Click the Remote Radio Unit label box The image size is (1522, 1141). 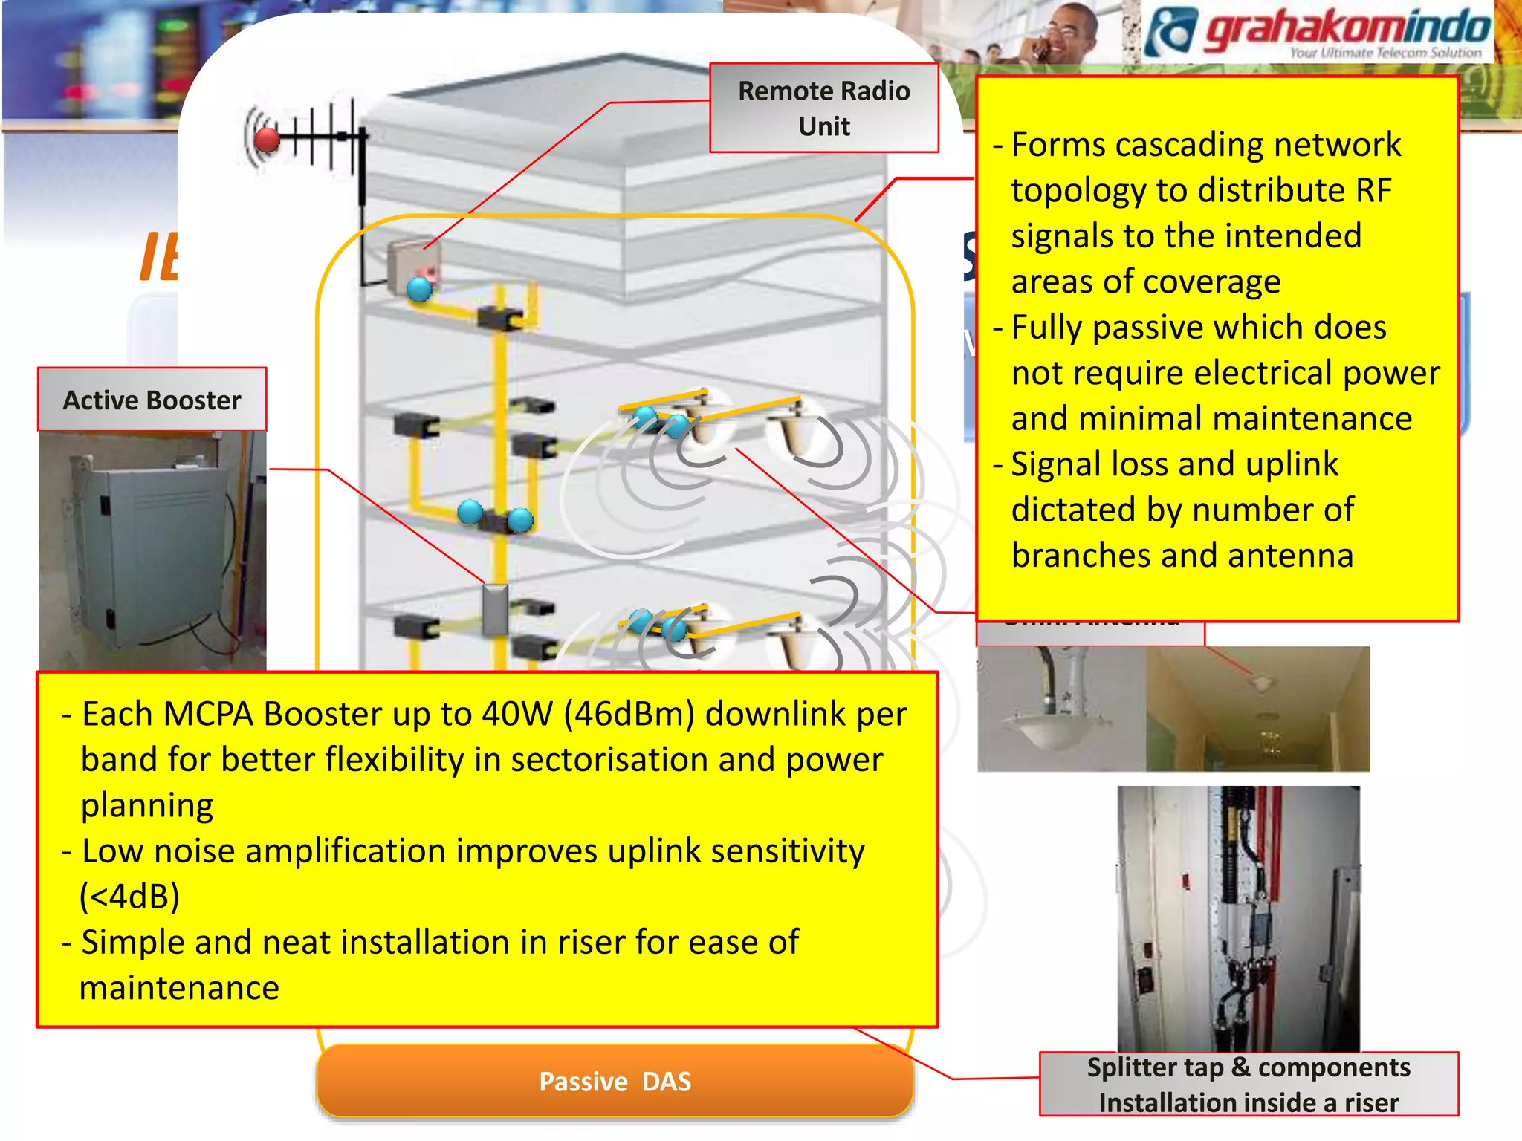click(823, 108)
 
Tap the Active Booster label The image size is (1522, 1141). click(152, 400)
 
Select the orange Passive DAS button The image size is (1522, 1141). click(615, 1082)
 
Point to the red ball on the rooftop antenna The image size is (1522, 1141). click(267, 139)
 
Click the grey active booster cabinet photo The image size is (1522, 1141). click(152, 550)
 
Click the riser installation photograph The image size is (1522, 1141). click(1238, 918)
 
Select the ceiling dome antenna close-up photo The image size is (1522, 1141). click(1061, 709)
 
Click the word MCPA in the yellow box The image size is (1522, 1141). click(208, 715)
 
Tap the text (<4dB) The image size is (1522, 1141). click(130, 897)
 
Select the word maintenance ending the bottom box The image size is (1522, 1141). click(179, 988)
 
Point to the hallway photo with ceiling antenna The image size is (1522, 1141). click(1257, 709)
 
